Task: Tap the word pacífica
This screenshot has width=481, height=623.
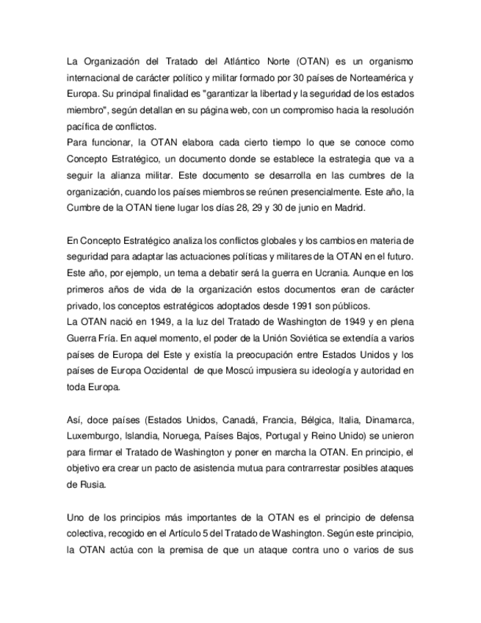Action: click(82, 126)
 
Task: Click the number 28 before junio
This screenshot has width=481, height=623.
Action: click(236, 208)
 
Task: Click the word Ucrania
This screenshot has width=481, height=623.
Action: click(293, 273)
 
